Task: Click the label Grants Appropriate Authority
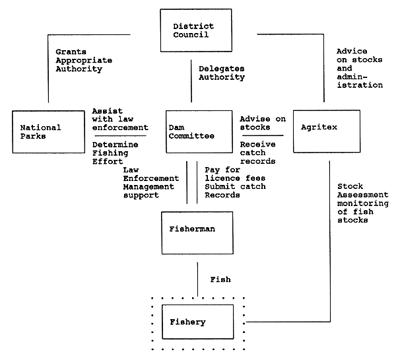tap(80, 61)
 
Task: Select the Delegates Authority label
tap(222, 72)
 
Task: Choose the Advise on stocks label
tap(263, 123)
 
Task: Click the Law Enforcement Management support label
tap(151, 182)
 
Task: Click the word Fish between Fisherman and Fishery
tap(221, 280)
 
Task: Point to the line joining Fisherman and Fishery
tap(199, 279)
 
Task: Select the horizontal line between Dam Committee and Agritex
tap(263, 135)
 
